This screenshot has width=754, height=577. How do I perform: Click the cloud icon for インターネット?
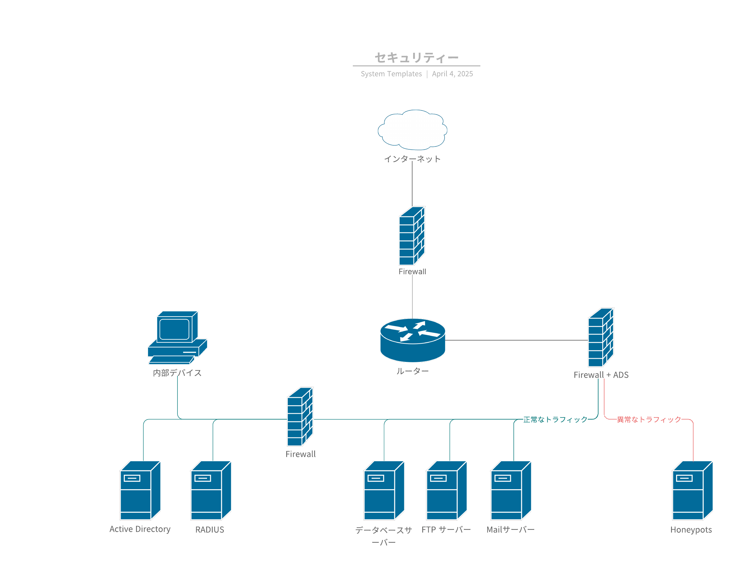point(412,130)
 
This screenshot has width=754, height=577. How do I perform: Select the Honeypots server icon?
point(692,491)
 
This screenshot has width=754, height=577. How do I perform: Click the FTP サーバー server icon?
point(446,491)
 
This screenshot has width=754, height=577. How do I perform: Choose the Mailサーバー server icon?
point(511,491)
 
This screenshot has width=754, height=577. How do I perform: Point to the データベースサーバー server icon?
point(384,491)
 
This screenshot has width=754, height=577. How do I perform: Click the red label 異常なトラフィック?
point(649,420)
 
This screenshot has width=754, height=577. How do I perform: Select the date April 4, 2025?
point(452,74)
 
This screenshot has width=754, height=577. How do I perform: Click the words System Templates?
point(391,74)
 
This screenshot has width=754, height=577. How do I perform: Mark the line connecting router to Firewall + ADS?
point(515,340)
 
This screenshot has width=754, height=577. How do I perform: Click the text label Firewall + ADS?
point(601,375)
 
